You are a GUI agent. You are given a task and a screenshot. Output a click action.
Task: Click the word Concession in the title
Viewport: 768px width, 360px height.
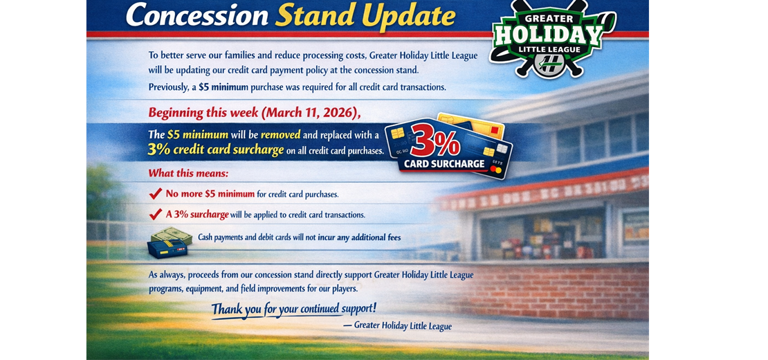click(x=197, y=16)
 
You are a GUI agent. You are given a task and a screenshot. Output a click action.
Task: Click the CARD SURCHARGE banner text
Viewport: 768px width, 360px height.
click(x=444, y=164)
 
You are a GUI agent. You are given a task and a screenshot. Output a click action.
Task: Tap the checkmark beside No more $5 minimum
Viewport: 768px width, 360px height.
click(x=155, y=194)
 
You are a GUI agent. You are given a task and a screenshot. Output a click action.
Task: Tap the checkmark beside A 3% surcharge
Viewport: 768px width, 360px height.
click(x=155, y=214)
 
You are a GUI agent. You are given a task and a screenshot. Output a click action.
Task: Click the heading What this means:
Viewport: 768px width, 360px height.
click(x=189, y=173)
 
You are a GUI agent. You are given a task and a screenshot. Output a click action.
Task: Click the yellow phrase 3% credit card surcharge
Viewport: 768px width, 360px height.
click(x=216, y=150)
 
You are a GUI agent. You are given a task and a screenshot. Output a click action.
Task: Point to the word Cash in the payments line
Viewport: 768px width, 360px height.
click(x=206, y=237)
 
